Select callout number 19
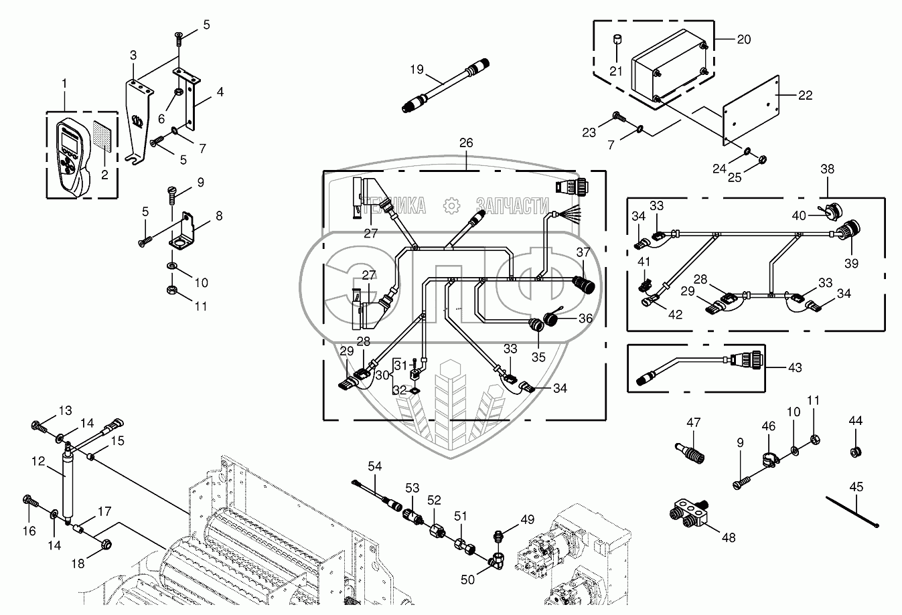(x=417, y=68)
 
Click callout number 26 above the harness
(x=466, y=143)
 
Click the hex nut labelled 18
(x=106, y=546)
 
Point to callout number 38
(x=828, y=169)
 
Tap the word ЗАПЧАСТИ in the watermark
(x=512, y=205)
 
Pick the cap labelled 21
(x=616, y=45)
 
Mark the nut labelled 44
(x=855, y=452)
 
